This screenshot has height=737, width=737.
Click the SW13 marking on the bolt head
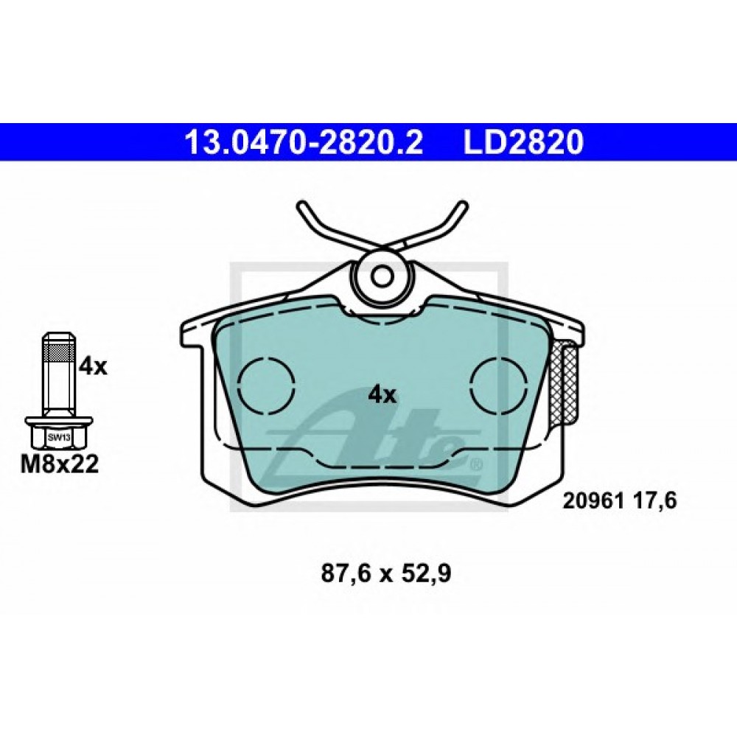point(58,438)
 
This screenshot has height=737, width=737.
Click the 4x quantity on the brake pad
point(383,396)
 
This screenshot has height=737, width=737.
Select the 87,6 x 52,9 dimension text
point(386,574)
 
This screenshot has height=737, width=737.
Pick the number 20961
point(593,501)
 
